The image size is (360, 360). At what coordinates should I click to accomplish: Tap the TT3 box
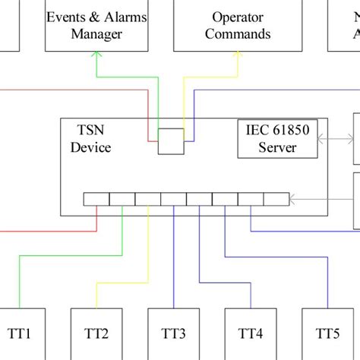[174, 333]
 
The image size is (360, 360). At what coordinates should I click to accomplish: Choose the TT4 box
[251, 333]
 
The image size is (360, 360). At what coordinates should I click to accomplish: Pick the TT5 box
[328, 333]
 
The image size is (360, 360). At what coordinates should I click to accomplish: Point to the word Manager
[96, 34]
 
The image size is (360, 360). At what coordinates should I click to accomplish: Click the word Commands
[237, 34]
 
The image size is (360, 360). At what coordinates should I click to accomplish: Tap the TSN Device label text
[91, 139]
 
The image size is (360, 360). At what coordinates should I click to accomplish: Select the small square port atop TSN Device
[171, 141]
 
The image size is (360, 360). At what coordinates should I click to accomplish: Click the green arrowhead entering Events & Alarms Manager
[96, 55]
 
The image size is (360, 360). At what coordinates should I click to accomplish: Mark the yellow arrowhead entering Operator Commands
[237, 55]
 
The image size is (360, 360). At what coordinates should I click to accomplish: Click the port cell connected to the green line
[122, 200]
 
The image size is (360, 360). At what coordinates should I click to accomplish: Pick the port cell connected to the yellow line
[148, 200]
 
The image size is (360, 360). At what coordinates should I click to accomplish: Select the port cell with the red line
[96, 200]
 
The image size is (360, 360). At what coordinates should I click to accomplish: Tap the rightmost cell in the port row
[277, 200]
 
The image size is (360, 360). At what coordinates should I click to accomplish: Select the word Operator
[237, 17]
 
